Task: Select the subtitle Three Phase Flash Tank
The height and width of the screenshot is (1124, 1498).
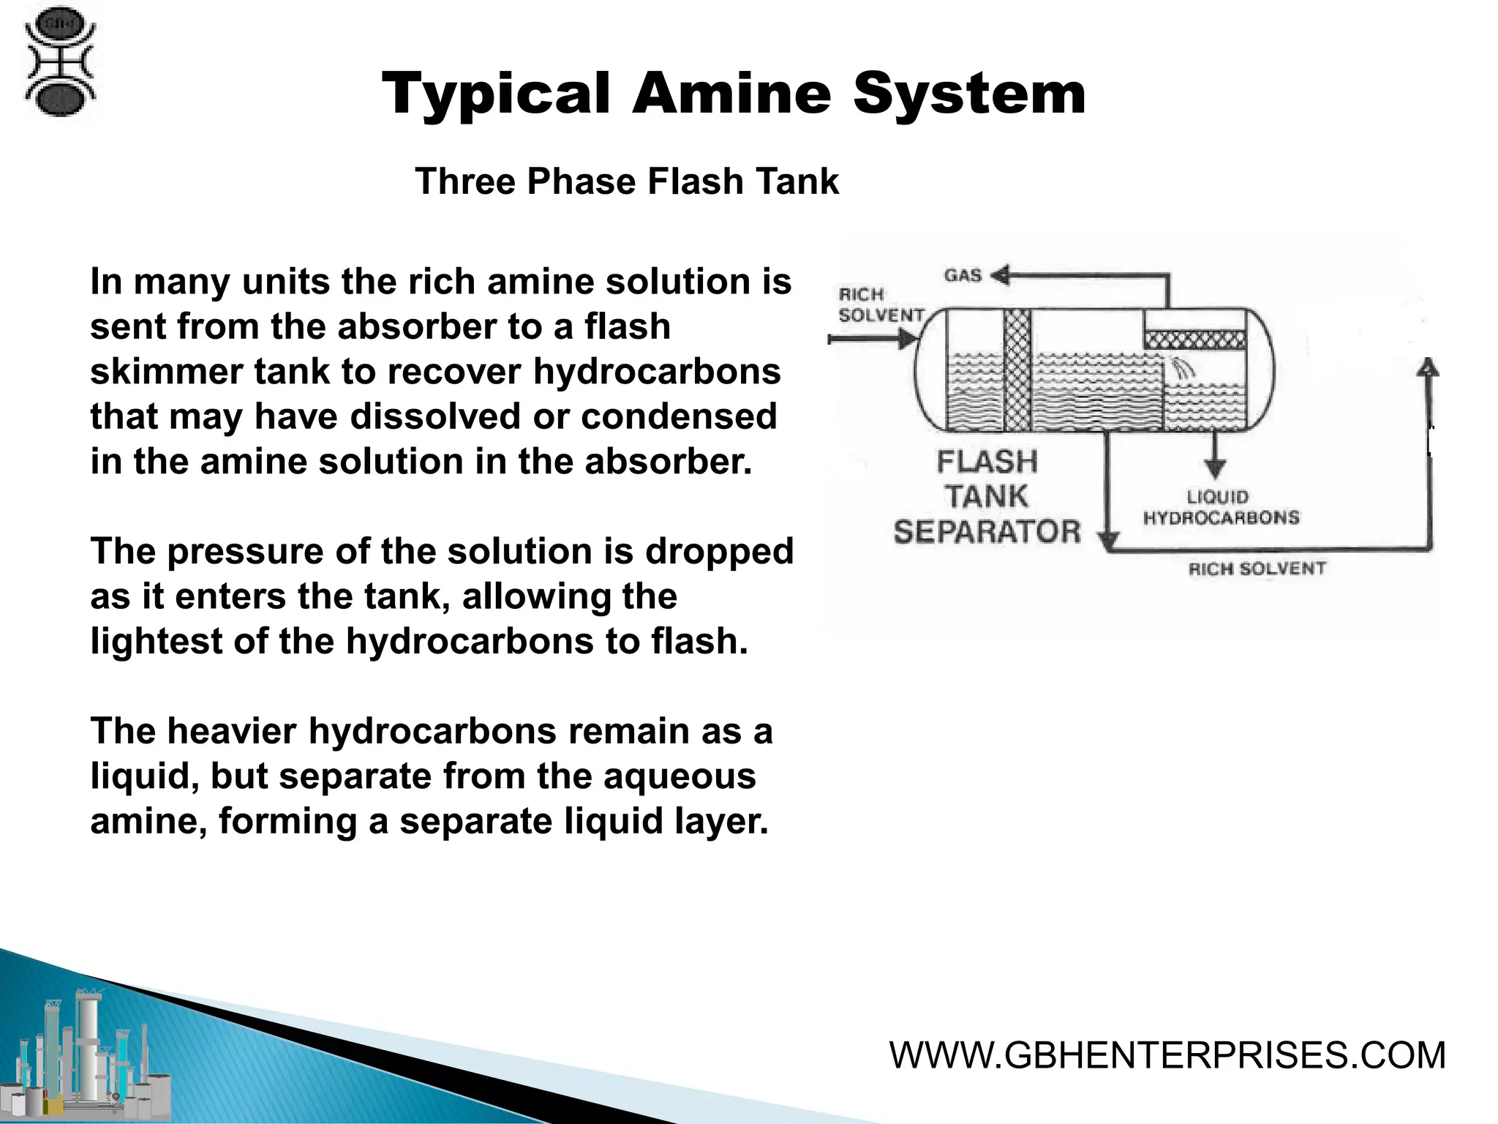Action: (x=627, y=181)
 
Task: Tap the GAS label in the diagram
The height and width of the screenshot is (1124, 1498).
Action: (x=963, y=276)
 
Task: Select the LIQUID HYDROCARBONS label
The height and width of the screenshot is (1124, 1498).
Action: (x=1221, y=507)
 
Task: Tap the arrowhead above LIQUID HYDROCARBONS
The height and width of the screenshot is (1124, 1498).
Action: (x=1216, y=468)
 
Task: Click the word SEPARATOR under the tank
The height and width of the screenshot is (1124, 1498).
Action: (x=987, y=531)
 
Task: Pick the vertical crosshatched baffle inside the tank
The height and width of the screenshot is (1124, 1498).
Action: (x=1017, y=370)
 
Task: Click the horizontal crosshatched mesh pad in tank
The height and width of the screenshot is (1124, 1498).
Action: (x=1194, y=339)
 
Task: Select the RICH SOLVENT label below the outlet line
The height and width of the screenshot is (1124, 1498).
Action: (x=1257, y=569)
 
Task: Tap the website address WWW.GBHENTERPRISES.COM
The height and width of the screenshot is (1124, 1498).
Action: (x=1167, y=1055)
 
